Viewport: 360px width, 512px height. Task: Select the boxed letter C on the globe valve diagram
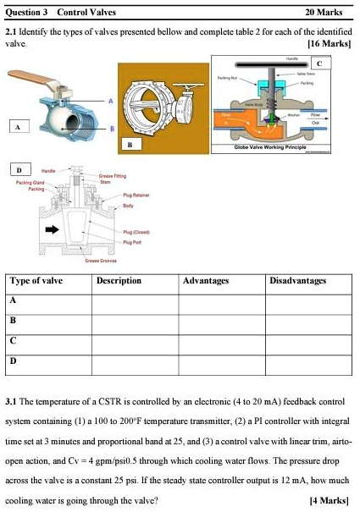click(x=318, y=63)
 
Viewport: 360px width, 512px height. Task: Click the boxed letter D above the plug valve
click(x=19, y=169)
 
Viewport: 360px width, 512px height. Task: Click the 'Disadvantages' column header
click(x=297, y=280)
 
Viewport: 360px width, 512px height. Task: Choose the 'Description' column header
click(x=119, y=280)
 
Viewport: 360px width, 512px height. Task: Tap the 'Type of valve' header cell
click(x=36, y=280)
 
